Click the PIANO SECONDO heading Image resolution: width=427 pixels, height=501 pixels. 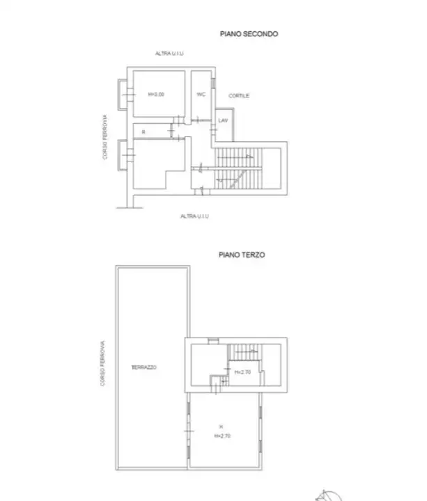(x=249, y=33)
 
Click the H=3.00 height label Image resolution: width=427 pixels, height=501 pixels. (x=156, y=94)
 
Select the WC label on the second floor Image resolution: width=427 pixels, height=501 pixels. (x=201, y=94)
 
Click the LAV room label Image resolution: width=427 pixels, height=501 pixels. (x=223, y=120)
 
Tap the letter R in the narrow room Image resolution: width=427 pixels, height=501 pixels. (x=143, y=131)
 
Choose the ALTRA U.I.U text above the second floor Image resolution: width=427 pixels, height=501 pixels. (x=169, y=54)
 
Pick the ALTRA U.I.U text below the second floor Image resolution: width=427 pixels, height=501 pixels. (x=194, y=216)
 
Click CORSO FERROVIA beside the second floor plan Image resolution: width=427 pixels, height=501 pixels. (x=105, y=138)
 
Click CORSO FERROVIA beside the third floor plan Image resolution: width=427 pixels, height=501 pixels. (x=103, y=363)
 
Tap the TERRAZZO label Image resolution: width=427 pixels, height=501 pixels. (x=146, y=367)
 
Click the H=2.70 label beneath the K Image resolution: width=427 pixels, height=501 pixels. (x=222, y=436)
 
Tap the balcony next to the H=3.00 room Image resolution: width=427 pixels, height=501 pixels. (x=123, y=93)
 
